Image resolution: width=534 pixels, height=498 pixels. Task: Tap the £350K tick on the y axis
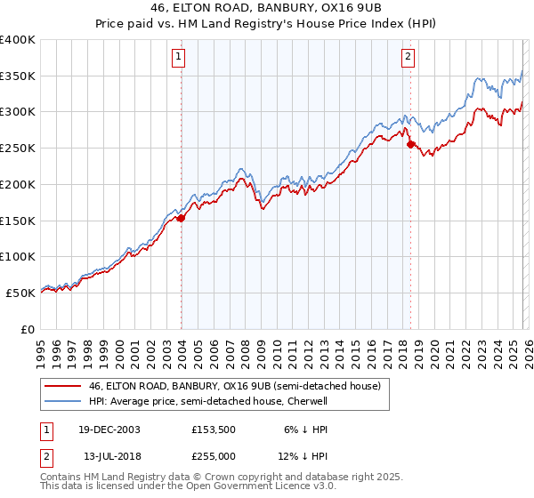click(x=18, y=76)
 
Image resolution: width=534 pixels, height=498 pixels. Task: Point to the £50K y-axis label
click(x=20, y=293)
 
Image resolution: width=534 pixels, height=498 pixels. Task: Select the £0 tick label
click(x=28, y=329)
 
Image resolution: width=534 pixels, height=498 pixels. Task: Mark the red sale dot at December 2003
click(x=182, y=218)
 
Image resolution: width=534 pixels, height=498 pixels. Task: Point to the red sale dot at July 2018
click(x=410, y=144)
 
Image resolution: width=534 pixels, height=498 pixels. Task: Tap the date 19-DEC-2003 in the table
click(x=108, y=429)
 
